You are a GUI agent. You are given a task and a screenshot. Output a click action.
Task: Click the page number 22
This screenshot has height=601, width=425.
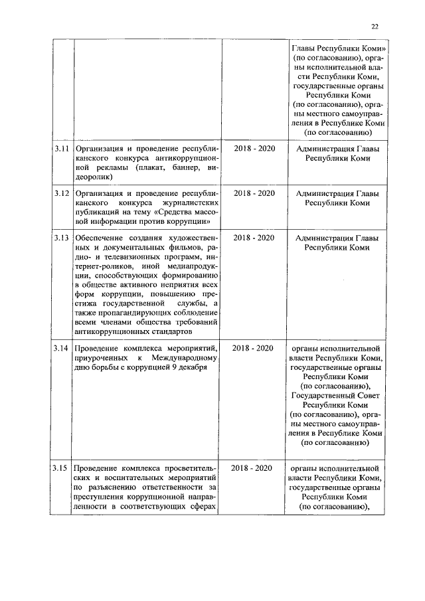375,27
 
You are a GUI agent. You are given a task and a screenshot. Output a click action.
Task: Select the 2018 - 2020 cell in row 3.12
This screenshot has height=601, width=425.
254,193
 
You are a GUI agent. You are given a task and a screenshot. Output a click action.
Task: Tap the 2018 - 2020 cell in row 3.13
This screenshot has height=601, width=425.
254,238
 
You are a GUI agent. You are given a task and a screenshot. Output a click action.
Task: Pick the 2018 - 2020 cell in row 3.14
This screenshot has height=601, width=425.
254,347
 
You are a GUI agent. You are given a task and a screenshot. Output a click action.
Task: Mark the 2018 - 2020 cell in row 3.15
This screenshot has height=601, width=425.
254,469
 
